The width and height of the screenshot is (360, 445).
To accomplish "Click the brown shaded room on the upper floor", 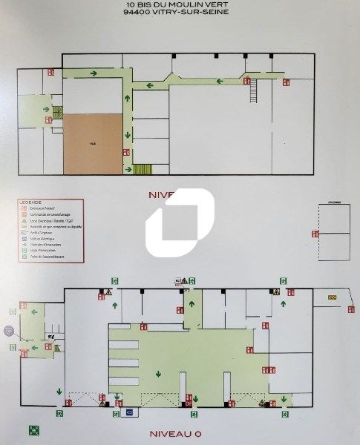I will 92,144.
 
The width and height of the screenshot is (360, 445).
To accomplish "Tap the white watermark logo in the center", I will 180,222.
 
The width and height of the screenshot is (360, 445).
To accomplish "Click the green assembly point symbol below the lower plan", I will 34,429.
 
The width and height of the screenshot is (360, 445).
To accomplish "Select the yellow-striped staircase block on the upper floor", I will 142,169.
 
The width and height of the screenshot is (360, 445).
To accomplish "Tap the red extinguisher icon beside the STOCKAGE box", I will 315,234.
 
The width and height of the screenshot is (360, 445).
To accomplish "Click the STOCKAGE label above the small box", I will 333,202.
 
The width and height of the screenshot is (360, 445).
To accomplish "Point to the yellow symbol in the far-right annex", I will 332,297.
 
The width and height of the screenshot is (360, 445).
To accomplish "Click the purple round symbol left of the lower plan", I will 9,330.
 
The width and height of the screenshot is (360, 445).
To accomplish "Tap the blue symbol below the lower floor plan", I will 128,412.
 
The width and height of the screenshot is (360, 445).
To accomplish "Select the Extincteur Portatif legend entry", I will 41,208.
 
